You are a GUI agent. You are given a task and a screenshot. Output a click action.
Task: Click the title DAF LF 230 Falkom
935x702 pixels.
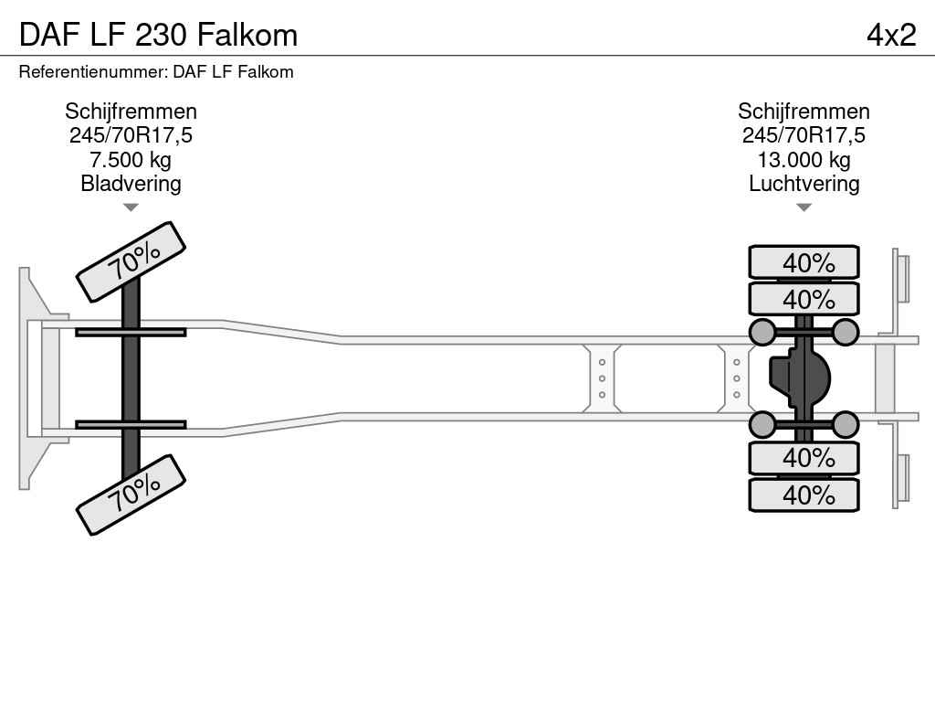[158, 35]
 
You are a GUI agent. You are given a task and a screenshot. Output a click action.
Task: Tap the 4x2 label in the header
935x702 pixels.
[890, 35]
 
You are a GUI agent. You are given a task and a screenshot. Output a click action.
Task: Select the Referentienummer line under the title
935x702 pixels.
[156, 71]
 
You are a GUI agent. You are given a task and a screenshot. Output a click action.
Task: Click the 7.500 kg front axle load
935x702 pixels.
[131, 160]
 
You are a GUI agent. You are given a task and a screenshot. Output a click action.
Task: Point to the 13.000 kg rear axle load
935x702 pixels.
[804, 160]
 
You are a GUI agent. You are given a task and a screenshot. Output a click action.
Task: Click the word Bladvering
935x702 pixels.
[131, 184]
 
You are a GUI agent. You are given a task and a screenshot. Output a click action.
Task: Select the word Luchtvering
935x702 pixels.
[804, 184]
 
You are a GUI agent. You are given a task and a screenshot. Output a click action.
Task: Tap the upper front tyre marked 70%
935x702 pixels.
[131, 261]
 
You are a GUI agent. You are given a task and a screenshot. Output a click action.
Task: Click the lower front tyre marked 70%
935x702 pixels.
[131, 495]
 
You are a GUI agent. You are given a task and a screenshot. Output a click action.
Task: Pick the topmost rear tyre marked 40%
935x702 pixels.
[804, 262]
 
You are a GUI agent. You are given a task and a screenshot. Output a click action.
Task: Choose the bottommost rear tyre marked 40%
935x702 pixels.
[804, 495]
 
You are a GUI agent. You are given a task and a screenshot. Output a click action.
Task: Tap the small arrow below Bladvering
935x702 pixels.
[131, 207]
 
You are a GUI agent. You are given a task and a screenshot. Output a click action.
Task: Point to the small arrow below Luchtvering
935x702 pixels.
[804, 207]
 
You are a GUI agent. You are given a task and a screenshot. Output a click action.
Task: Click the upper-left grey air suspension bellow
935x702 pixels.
[762, 332]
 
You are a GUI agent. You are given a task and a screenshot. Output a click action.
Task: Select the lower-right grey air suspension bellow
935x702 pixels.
[846, 425]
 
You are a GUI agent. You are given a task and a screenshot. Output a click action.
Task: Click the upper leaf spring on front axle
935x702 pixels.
[131, 332]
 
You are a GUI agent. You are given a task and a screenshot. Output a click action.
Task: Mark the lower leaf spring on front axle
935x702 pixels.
[131, 425]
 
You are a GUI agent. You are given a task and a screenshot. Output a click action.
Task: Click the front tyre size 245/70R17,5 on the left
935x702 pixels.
[131, 136]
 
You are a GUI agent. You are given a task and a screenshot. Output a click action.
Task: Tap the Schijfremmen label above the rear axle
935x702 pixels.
[804, 112]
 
